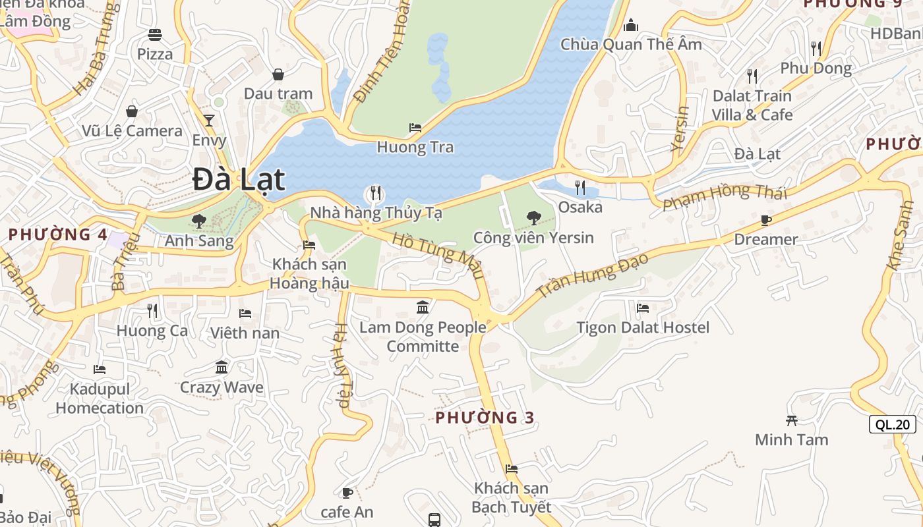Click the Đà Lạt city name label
point(239,180)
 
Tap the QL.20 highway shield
point(893,424)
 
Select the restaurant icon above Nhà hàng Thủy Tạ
point(375,193)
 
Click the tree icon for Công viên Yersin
point(533,217)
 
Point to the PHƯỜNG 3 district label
point(485,418)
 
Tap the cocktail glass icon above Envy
point(209,120)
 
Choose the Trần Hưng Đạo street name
point(591,275)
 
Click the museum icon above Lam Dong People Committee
point(423,307)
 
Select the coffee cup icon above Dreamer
point(765,220)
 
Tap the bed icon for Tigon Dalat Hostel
point(643,308)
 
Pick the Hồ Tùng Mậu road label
point(438,255)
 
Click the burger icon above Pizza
point(155,34)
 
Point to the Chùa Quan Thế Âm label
point(631,44)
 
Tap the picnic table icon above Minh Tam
point(791,420)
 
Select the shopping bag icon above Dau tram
point(278,74)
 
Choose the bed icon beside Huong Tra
point(415,127)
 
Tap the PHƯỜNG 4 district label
point(58,235)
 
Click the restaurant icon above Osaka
point(580,188)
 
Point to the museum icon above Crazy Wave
point(222,367)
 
